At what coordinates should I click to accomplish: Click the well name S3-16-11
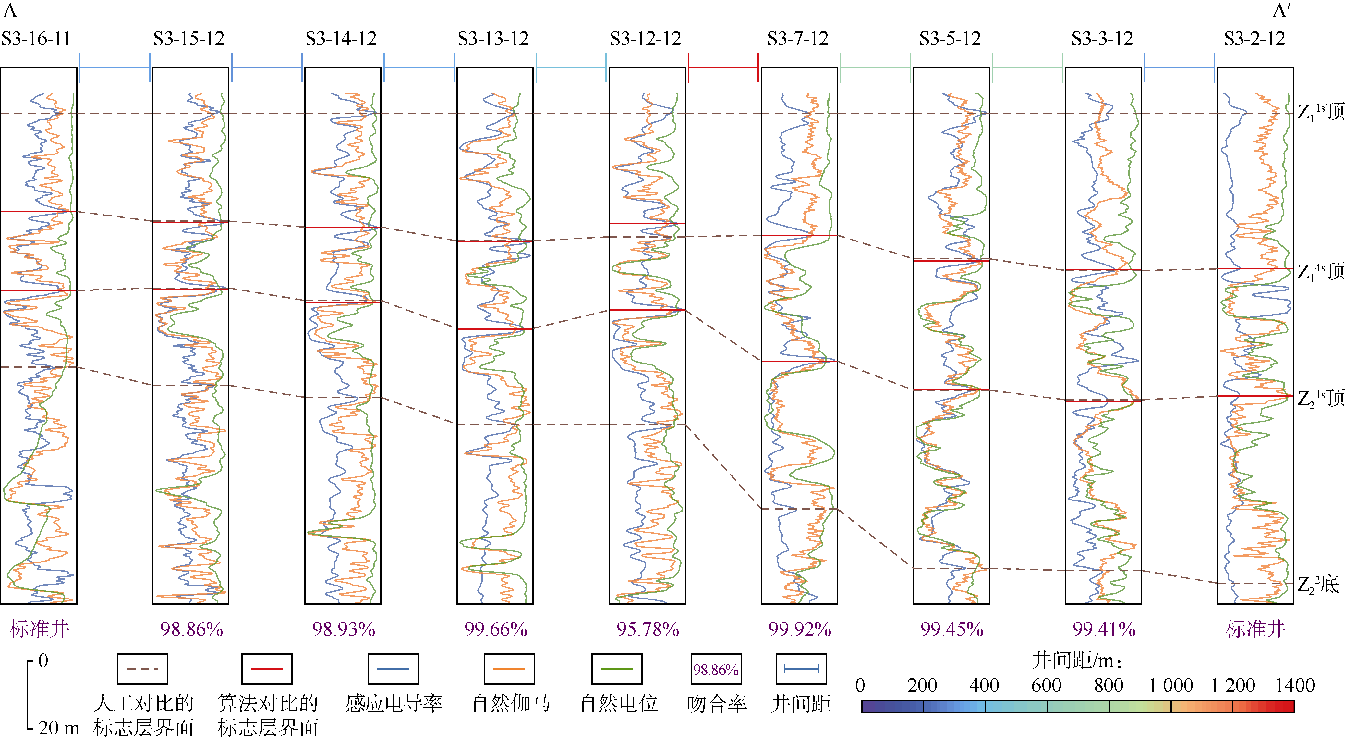pos(36,39)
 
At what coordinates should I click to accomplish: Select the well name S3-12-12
pos(645,39)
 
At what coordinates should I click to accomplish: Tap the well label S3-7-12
pos(797,39)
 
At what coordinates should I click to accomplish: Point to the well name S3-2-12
pos(1254,39)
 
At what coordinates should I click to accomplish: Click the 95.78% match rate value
pos(648,629)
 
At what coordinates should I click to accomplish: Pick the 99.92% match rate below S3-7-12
pos(799,629)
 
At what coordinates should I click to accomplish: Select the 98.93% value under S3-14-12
pos(344,629)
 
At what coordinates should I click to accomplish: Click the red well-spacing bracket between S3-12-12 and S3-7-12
pos(723,68)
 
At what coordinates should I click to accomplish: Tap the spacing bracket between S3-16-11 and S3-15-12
pos(115,68)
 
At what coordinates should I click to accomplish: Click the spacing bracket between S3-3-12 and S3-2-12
pos(1180,68)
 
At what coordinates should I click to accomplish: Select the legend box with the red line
pos(267,669)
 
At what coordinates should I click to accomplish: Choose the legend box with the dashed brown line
pos(142,669)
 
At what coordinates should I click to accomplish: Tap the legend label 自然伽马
pos(510,703)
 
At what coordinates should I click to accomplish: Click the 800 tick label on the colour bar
pos(1109,685)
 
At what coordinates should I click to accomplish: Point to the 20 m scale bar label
pos(58,728)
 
